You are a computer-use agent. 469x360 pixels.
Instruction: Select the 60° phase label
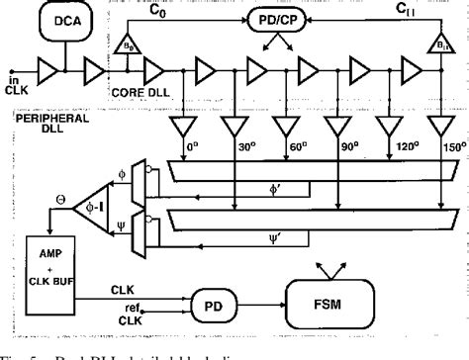pyautogui.click(x=287, y=146)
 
